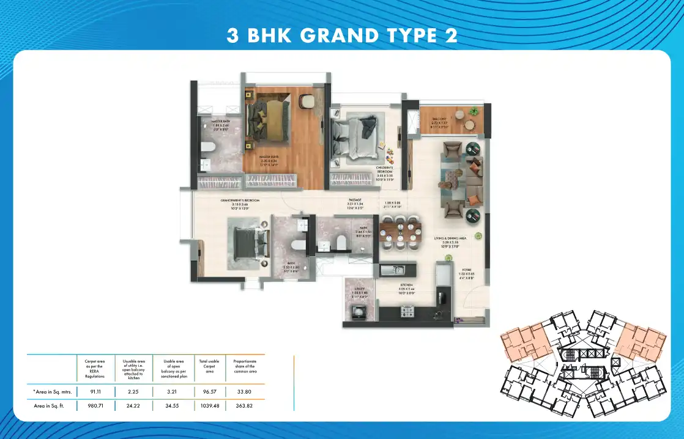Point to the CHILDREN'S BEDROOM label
pos(384,169)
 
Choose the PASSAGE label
pos(355,200)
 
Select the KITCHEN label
pos(407,285)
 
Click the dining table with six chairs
pos(400,233)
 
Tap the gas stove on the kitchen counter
pos(408,312)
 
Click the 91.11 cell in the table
pos(94,392)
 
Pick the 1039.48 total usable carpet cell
pos(209,406)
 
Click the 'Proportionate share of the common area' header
pos(245,366)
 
